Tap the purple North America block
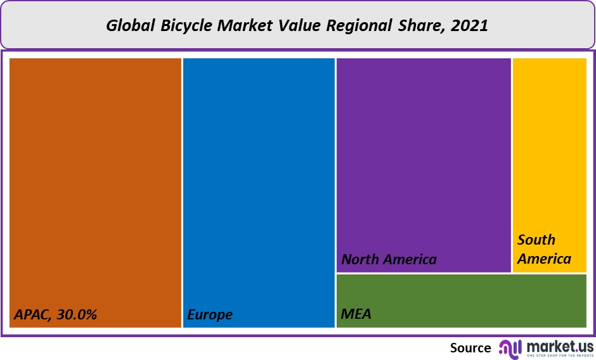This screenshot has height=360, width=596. [424, 158]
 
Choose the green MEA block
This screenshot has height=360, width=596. [461, 300]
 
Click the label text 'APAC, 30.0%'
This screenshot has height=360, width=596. [56, 314]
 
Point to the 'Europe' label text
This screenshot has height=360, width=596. [210, 314]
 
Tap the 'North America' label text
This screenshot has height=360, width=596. [389, 259]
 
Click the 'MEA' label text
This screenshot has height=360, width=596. [356, 314]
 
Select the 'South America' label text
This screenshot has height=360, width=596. [543, 249]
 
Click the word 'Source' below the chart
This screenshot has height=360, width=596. [470, 348]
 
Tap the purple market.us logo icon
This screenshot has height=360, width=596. [510, 348]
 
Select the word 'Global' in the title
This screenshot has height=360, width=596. [129, 26]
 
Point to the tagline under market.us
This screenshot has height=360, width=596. [560, 356]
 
